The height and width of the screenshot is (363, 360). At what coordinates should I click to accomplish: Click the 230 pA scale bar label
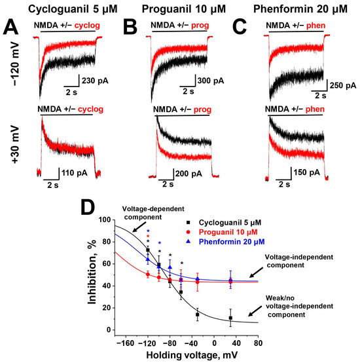93,81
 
